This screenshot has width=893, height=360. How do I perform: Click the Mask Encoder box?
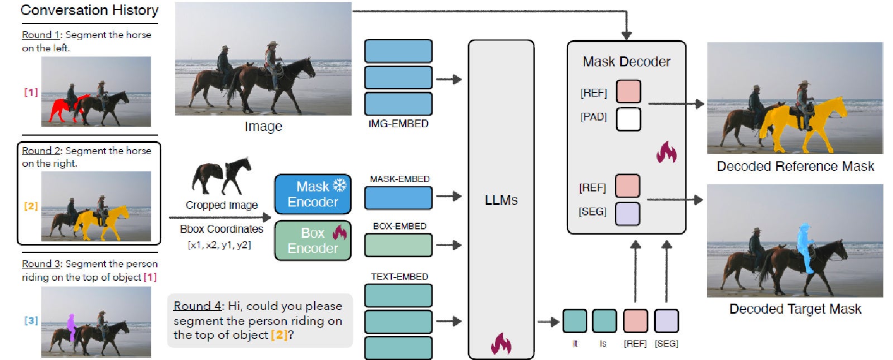(312, 194)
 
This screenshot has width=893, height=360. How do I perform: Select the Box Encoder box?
(312, 241)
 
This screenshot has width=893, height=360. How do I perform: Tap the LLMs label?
(501, 200)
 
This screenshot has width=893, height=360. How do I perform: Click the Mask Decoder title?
(626, 61)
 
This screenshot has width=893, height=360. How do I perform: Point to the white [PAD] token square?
(628, 119)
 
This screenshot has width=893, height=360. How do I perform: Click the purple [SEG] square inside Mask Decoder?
(627, 213)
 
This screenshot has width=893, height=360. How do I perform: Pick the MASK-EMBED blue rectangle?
(398, 198)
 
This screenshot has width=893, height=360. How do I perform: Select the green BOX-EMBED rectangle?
(398, 245)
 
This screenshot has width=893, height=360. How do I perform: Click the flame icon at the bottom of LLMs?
(501, 344)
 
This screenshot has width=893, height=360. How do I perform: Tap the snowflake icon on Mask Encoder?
(339, 186)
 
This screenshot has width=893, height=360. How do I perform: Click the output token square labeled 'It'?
(574, 321)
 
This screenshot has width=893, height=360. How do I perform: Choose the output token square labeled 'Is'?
(604, 321)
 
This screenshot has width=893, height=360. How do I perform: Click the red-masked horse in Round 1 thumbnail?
(64, 108)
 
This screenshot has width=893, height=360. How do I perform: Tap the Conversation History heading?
(89, 10)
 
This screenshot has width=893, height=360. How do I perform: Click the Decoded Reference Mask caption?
(795, 166)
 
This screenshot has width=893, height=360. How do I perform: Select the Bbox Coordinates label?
(222, 229)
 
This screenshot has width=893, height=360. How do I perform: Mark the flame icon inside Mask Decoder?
(666, 152)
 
